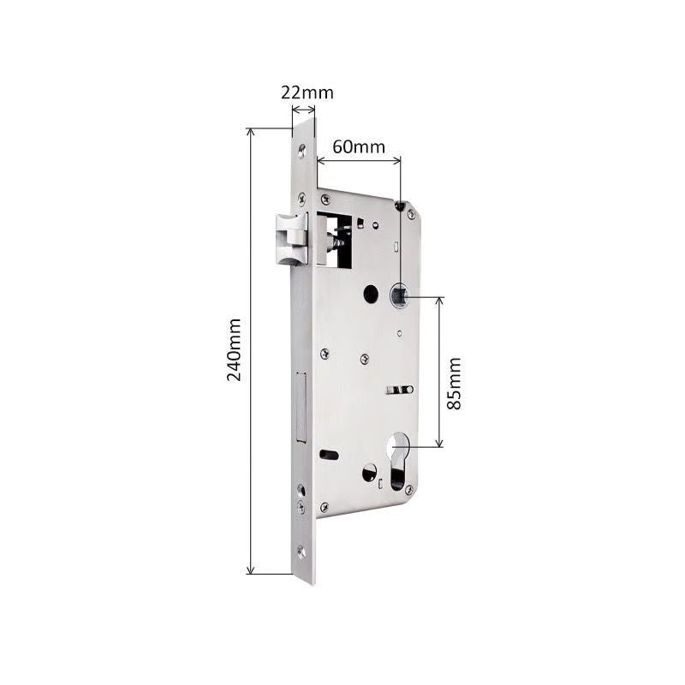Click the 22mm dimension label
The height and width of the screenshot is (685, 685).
pos(307,92)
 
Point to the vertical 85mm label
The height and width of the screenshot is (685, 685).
pos(454,383)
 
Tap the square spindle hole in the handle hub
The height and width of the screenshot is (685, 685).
pos(400,297)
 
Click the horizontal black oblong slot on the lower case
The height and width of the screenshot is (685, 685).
pos(328,451)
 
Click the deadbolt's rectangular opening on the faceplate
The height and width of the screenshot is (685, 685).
pos(301,408)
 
